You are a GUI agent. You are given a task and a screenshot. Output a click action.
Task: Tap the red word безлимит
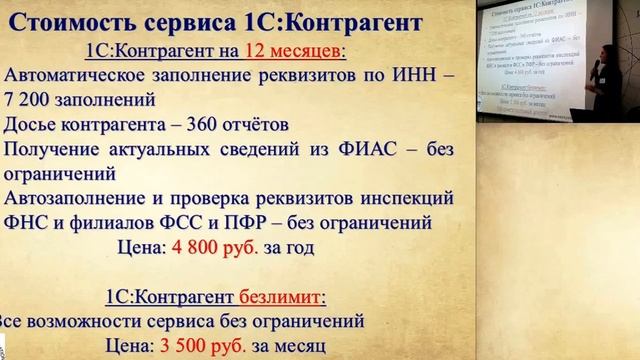click(x=284, y=297)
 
